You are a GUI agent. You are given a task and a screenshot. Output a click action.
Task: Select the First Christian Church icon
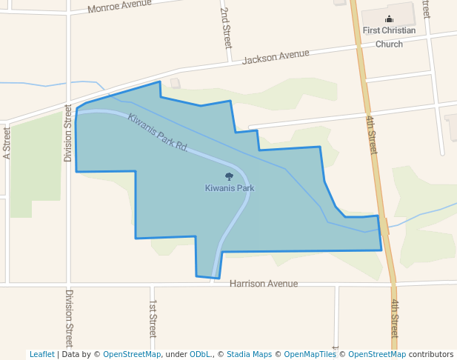pyautogui.click(x=389, y=19)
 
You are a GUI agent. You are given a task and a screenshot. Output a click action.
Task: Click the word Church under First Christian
pyautogui.click(x=389, y=44)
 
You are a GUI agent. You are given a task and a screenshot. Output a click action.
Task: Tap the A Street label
pyautogui.click(x=7, y=143)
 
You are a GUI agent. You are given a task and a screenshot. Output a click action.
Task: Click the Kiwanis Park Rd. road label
pyautogui.click(x=157, y=131)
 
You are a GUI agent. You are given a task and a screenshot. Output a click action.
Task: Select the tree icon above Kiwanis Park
pyautogui.click(x=229, y=177)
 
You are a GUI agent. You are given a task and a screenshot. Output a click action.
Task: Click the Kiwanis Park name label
pyautogui.click(x=230, y=188)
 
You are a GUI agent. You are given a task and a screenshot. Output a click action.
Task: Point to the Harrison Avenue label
pyautogui.click(x=263, y=284)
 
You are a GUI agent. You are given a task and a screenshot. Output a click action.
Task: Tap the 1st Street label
pyautogui.click(x=153, y=319)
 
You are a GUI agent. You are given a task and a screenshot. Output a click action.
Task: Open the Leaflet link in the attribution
pyautogui.click(x=41, y=354)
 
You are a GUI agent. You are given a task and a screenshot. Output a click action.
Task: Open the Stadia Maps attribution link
pyautogui.click(x=249, y=354)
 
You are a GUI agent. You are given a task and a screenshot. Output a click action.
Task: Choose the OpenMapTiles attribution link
pyautogui.click(x=310, y=354)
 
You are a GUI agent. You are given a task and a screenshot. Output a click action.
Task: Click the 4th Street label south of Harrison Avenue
pyautogui.click(x=394, y=319)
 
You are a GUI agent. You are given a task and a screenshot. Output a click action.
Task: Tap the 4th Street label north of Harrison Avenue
pyautogui.click(x=372, y=133)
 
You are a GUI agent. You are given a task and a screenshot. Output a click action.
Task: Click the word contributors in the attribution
pyautogui.click(x=430, y=354)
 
